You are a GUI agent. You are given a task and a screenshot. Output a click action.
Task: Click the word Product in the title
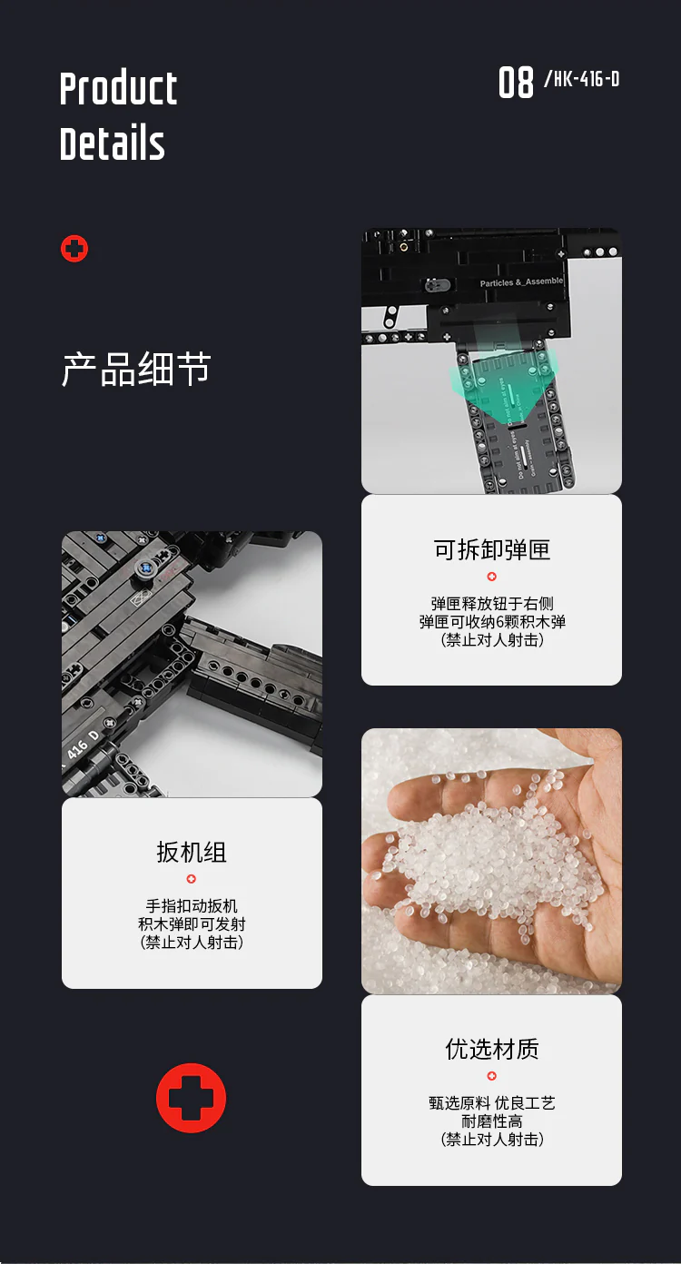(118, 89)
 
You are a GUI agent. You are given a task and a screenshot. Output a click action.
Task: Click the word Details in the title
(113, 144)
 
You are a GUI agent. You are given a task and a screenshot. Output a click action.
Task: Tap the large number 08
(516, 84)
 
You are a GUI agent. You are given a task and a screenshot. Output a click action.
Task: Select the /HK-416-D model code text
(581, 80)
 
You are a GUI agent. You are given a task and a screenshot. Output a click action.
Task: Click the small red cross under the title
(74, 249)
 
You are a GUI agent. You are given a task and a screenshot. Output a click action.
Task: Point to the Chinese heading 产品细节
(136, 370)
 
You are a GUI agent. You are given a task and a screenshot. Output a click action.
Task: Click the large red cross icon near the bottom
(191, 1098)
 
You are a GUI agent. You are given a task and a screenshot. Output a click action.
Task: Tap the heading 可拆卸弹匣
(491, 549)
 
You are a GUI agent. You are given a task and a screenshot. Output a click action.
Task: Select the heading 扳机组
(191, 852)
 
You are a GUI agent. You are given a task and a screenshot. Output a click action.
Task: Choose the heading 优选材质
(491, 1049)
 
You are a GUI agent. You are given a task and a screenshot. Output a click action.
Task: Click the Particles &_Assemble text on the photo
(521, 282)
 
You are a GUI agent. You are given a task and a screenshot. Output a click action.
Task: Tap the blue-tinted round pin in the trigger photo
(143, 569)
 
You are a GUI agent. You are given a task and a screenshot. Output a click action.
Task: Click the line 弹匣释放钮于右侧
(491, 604)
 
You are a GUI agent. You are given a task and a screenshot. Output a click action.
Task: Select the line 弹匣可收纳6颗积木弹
(491, 622)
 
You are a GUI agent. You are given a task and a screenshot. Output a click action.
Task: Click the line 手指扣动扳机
(191, 906)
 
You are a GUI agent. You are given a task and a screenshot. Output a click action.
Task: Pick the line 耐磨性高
(491, 1121)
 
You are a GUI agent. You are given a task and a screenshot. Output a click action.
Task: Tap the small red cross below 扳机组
(191, 878)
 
